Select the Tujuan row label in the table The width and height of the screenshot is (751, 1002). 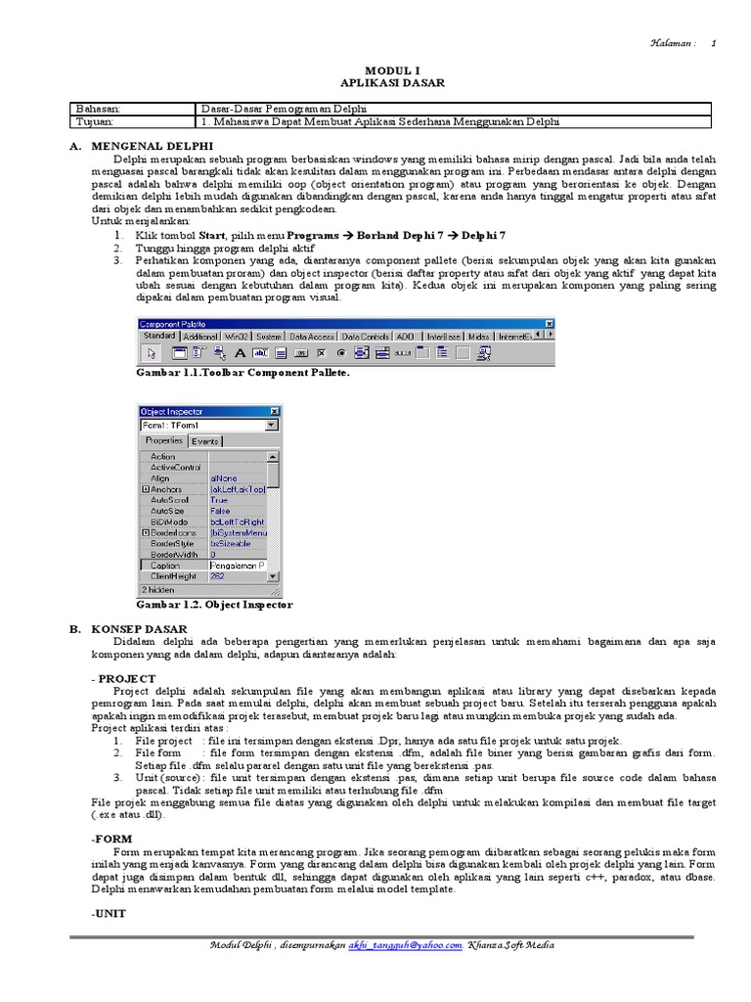click(95, 122)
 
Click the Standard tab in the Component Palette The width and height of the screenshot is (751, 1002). click(159, 336)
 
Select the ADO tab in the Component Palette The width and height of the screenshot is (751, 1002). click(405, 336)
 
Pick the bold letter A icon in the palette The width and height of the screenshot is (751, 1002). click(240, 354)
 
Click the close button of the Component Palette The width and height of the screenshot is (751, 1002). click(549, 324)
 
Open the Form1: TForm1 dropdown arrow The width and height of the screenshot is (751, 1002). click(272, 426)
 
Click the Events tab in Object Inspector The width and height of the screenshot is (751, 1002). click(205, 441)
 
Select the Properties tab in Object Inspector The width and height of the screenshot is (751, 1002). click(164, 441)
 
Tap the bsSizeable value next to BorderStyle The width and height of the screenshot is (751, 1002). click(231, 543)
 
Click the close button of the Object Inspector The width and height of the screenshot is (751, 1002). click(274, 412)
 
